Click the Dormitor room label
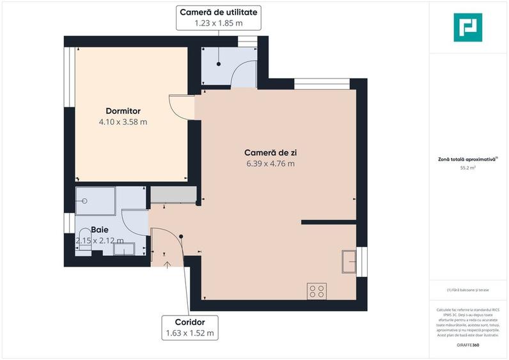point(123,111)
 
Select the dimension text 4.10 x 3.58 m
point(123,121)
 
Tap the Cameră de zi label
point(271,153)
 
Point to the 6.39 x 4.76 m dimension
point(271,164)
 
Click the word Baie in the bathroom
point(99,230)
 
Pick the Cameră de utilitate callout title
point(219,12)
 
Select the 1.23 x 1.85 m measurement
point(219,23)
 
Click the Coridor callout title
point(189,322)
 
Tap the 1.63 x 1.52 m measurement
point(189,333)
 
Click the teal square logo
point(468,27)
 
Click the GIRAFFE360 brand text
point(467,345)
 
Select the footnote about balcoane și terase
point(468,290)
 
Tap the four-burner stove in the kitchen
point(317,291)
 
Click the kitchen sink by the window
point(349,260)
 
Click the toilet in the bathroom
point(84,243)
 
